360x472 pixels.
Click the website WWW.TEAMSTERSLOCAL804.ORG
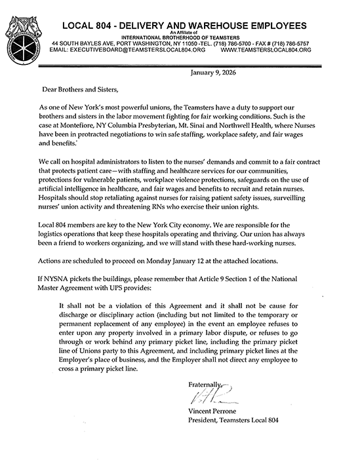tap(266, 49)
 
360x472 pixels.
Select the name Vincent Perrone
tap(213, 410)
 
